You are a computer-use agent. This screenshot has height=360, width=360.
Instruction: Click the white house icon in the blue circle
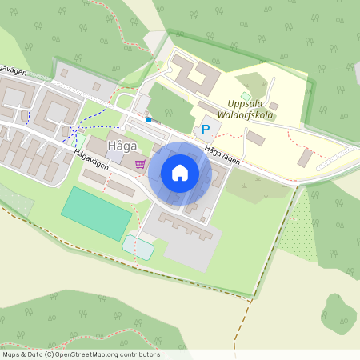180,172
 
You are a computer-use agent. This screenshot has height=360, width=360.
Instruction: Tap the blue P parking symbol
206,129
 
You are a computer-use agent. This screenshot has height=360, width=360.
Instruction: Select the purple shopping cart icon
141,164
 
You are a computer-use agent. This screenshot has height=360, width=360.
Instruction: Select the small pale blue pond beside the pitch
138,248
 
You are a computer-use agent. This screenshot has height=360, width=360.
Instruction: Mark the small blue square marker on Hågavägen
148,120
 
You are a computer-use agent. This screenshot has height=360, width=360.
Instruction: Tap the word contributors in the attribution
139,354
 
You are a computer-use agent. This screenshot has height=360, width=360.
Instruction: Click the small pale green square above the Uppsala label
246,96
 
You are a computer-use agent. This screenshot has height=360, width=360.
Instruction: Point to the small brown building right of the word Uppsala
274,106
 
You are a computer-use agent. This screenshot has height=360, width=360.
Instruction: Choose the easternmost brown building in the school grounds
305,158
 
